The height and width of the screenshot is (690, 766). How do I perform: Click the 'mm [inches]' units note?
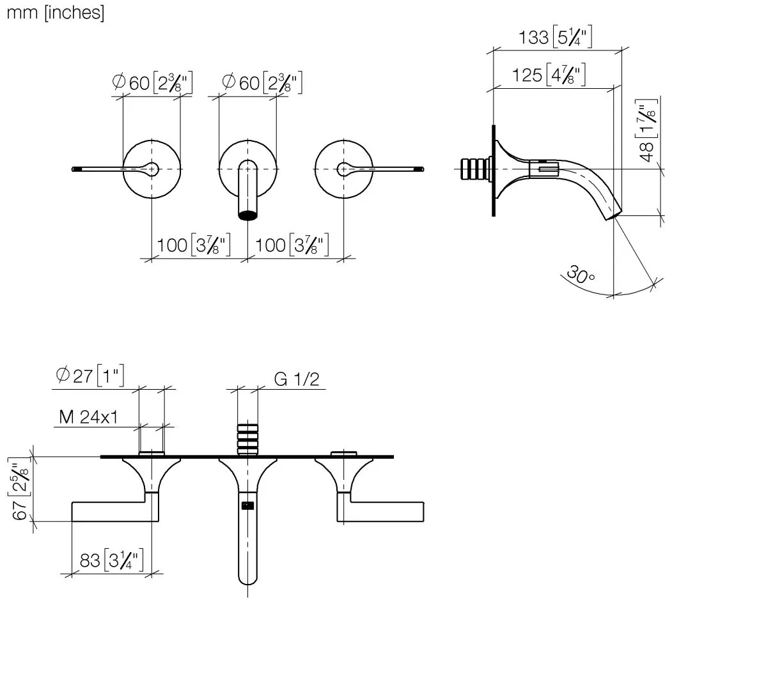click(x=56, y=13)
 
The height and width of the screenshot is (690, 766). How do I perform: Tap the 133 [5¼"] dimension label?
click(x=555, y=37)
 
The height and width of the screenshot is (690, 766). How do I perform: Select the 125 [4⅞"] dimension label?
click(x=548, y=75)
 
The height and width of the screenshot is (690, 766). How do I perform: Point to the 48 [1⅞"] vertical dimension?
click(x=646, y=130)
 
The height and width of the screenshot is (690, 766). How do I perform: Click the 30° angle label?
click(x=581, y=275)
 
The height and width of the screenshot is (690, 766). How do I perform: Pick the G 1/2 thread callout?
click(x=297, y=379)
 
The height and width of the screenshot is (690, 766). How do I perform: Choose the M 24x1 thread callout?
click(x=88, y=417)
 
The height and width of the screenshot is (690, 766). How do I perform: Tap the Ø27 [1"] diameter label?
click(x=90, y=375)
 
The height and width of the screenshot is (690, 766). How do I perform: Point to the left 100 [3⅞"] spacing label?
click(x=194, y=245)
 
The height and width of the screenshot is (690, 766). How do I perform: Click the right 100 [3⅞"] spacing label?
click(x=292, y=245)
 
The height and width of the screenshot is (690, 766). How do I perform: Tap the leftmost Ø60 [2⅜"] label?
click(x=152, y=82)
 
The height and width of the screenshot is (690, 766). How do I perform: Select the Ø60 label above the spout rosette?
click(x=262, y=82)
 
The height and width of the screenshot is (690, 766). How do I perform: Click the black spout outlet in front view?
click(x=247, y=215)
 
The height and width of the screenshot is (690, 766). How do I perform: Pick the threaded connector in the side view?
click(x=476, y=169)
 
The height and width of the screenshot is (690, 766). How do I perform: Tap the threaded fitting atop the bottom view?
click(x=247, y=439)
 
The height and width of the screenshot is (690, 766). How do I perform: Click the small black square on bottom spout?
click(x=247, y=505)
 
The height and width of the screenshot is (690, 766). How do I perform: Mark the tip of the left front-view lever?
click(x=74, y=169)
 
